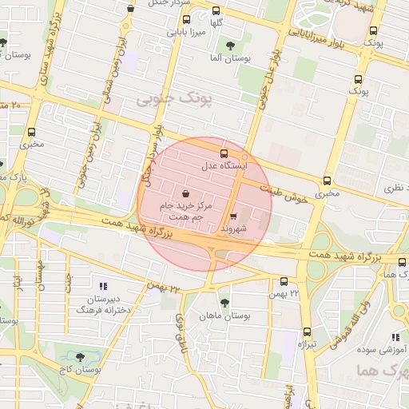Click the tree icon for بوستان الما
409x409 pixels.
[231, 46]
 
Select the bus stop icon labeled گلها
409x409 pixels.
[216, 10]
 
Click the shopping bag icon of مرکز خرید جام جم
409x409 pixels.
[186, 193]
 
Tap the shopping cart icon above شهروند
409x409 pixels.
[233, 216]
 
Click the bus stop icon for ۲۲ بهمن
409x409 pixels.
[284, 280]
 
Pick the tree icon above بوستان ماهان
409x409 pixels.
[224, 303]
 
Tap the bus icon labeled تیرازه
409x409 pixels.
[307, 332]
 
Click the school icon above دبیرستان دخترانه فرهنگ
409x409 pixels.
[102, 285]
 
